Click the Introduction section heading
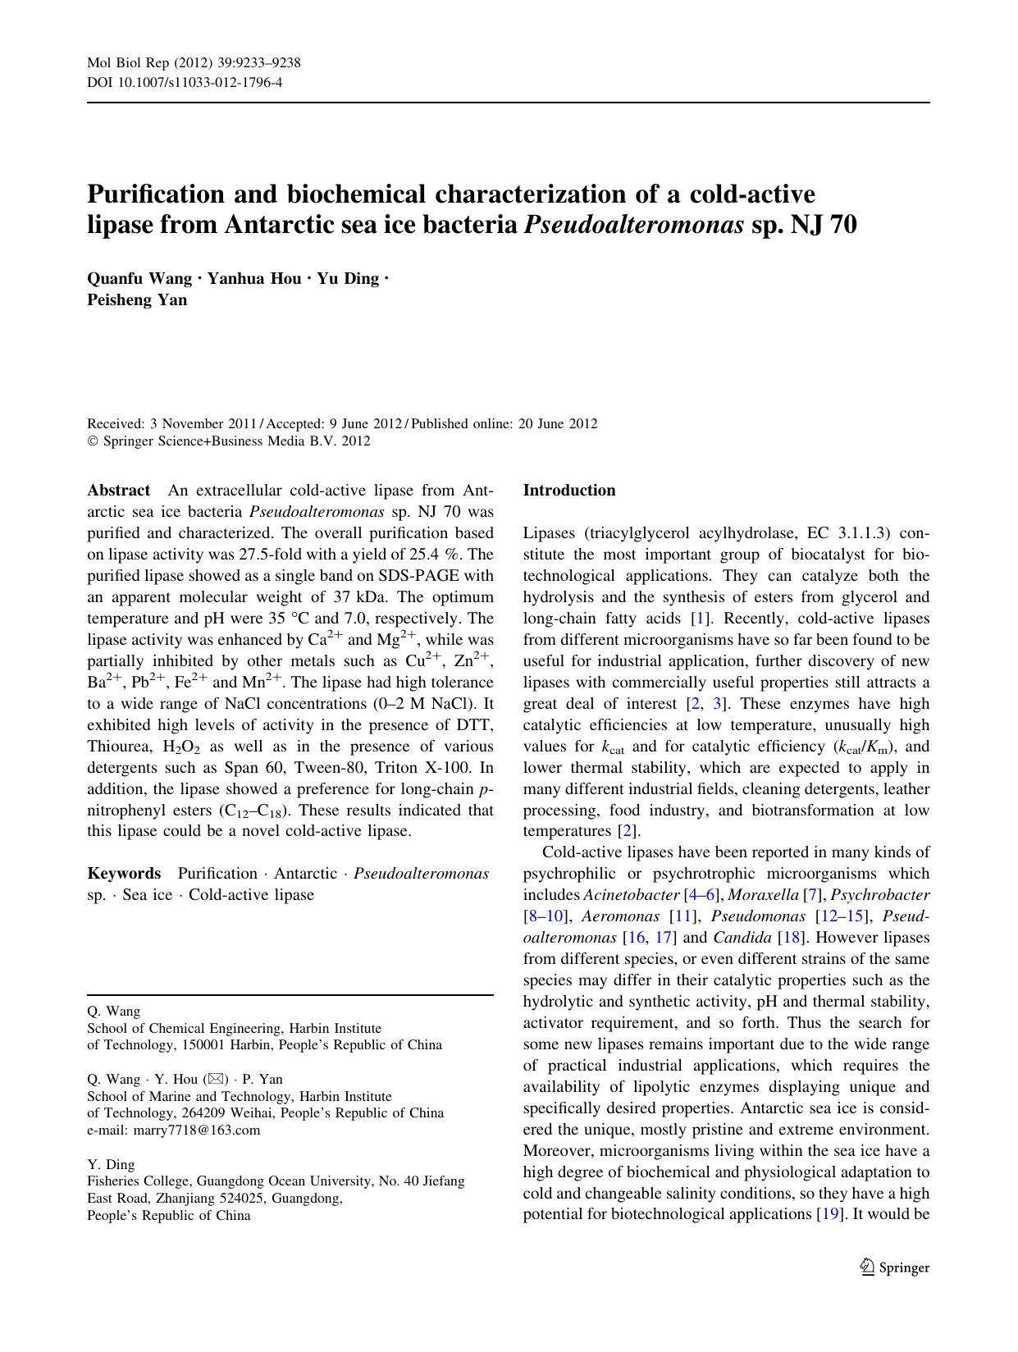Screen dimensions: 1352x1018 coord(569,491)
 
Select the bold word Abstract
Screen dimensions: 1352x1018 coord(119,491)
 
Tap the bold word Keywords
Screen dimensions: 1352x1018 coord(124,873)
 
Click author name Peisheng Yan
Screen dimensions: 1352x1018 coord(137,299)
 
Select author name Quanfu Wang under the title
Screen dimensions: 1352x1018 coord(139,278)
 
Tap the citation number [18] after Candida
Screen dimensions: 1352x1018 coord(792,937)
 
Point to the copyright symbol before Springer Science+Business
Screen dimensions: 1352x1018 coord(93,441)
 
